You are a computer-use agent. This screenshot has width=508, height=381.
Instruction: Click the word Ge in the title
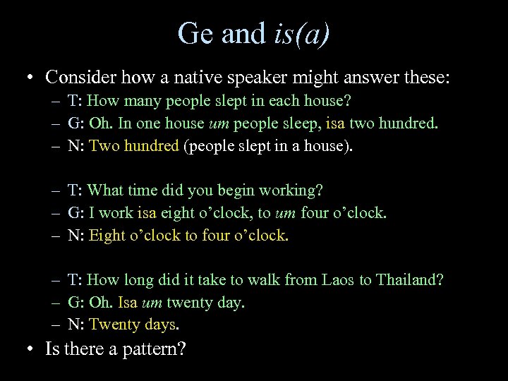tap(195, 33)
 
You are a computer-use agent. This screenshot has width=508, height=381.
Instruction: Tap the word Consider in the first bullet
tap(80, 76)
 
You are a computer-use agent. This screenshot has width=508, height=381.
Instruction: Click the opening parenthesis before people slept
tap(186, 146)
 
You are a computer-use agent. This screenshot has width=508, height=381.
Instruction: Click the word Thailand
tap(409, 279)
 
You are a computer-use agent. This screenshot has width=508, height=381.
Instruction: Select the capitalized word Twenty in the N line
tap(113, 325)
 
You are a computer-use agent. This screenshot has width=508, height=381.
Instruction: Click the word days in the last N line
tap(158, 325)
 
